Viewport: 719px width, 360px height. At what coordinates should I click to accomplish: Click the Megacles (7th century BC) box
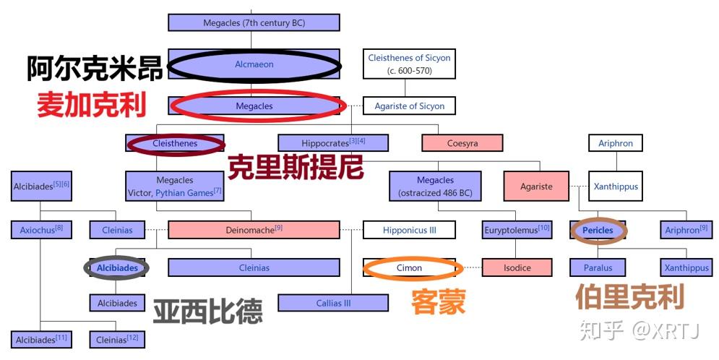254,22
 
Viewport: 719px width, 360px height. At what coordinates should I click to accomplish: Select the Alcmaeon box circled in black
254,64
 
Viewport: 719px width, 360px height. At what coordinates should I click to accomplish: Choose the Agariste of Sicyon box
409,106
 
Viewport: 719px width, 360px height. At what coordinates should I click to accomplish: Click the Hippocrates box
333,142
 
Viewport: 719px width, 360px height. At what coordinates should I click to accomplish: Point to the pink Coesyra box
462,143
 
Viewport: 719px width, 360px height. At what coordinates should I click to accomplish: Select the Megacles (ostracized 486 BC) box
435,187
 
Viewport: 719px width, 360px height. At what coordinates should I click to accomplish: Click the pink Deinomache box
254,230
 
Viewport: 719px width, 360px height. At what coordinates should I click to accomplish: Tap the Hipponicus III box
409,230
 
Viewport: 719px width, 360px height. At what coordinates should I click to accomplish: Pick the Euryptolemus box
517,230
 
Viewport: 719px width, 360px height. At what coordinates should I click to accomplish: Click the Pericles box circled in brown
598,230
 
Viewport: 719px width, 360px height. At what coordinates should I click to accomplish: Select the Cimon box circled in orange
409,267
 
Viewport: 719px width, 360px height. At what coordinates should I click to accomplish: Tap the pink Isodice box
517,267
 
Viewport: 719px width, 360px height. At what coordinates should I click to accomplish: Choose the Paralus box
598,267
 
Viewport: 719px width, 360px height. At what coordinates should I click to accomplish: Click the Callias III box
333,303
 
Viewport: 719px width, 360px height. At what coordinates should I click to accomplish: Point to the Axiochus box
40,230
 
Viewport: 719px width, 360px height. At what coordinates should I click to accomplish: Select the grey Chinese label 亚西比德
207,312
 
